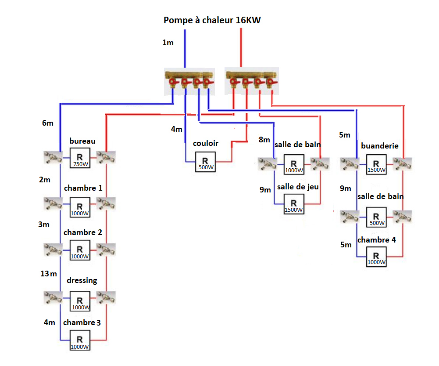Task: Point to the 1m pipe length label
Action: (x=168, y=43)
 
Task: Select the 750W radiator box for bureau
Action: (x=79, y=158)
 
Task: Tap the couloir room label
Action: (x=206, y=143)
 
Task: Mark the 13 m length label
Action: (x=48, y=274)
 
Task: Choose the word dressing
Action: (x=82, y=280)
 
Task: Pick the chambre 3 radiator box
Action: (x=79, y=341)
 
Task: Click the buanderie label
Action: (x=380, y=145)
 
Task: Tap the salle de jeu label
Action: (x=298, y=187)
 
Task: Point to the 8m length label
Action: (x=264, y=140)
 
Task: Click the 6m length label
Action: (x=48, y=123)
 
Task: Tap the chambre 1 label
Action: (x=83, y=188)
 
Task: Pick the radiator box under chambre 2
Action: (x=79, y=250)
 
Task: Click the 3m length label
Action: (x=44, y=225)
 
